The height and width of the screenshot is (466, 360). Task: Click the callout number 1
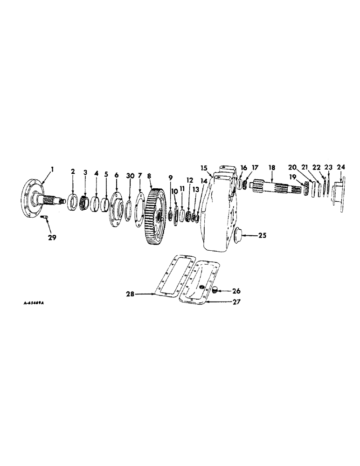pos(53,170)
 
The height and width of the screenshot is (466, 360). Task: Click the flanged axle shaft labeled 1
pos(37,199)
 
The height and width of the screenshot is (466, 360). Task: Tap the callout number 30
pos(130,176)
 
